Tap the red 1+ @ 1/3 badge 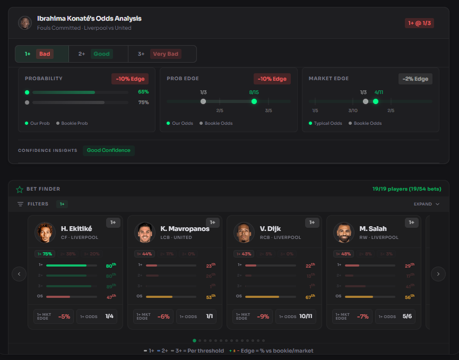[419, 23]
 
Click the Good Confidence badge [108, 150]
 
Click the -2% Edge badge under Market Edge [415, 79]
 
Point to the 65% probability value [143, 92]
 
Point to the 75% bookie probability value [143, 102]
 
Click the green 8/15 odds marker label [254, 92]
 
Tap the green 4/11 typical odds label [378, 92]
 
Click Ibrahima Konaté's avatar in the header [25, 23]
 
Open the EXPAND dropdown [427, 204]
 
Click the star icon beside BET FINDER [20, 189]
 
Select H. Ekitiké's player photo [45, 233]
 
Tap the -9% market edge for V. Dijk [263, 316]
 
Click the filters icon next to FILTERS [20, 204]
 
